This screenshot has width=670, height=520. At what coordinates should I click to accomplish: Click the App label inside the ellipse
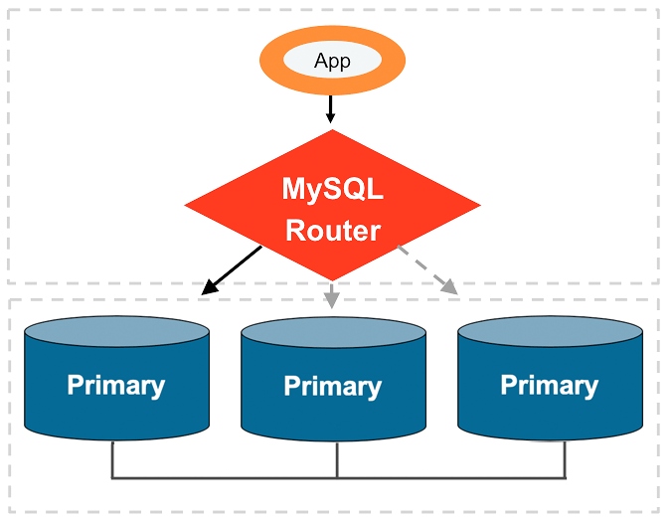tap(332, 62)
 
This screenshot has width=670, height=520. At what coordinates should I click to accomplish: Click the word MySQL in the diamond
tap(332, 188)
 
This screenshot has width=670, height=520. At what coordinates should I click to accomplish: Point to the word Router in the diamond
tap(332, 231)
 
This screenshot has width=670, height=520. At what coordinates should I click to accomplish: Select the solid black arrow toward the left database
tap(232, 270)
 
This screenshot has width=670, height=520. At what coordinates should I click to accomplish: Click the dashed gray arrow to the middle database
tap(332, 294)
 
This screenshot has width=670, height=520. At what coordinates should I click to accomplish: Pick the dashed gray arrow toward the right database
tap(427, 268)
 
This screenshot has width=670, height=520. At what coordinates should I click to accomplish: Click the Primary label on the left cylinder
tap(115, 385)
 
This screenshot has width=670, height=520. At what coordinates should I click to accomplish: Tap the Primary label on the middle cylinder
tap(332, 387)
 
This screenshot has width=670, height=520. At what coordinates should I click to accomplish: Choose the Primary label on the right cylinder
tap(549, 385)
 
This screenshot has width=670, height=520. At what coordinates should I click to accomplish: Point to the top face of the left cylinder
tap(115, 332)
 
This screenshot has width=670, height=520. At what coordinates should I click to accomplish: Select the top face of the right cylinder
tap(549, 332)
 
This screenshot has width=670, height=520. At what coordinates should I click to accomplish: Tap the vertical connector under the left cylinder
tap(112, 459)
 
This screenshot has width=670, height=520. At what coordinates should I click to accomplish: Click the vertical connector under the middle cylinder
tap(338, 459)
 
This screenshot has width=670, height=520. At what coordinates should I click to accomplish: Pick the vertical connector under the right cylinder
tap(565, 459)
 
